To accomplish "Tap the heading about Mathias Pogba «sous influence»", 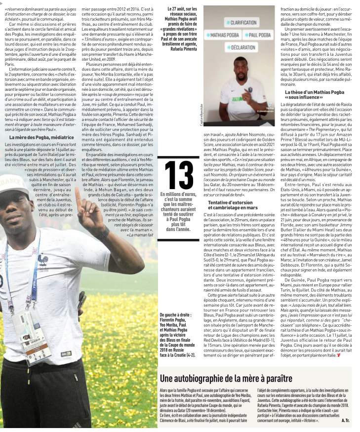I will (314, 95).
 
